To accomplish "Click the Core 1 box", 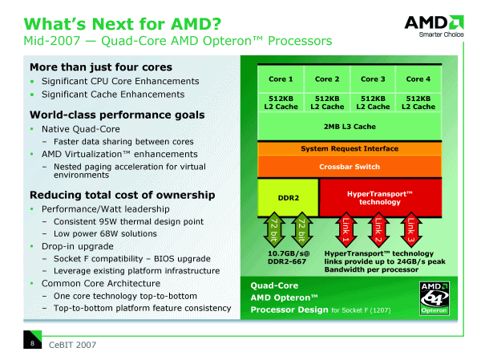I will point(280,79).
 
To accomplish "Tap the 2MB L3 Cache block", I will point(349,126).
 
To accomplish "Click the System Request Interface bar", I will point(349,148).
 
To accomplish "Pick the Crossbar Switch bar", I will point(349,166).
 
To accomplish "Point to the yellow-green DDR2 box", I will point(288,197).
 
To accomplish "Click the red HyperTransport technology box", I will point(379,197).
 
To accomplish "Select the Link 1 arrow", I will point(346,229).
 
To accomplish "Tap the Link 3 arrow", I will point(410,229).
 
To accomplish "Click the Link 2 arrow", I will point(378,229).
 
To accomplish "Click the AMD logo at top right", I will point(432,25).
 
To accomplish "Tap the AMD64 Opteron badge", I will point(431,298).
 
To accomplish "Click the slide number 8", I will point(31,343).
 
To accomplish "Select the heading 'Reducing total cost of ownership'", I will point(122,195).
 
